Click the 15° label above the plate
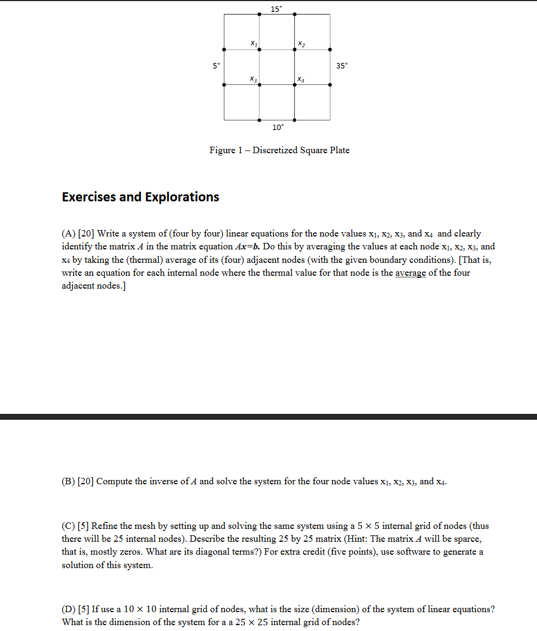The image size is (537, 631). pyautogui.click(x=276, y=9)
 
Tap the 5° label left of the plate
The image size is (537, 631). pyautogui.click(x=216, y=66)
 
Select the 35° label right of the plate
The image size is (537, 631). pyautogui.click(x=342, y=66)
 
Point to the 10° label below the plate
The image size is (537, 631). pyautogui.click(x=278, y=127)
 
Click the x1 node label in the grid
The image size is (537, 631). pyautogui.click(x=253, y=42)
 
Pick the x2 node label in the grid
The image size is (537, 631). pyautogui.click(x=301, y=43)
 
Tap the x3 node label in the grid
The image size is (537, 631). pyautogui.click(x=253, y=79)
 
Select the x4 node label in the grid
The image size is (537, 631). pyautogui.click(x=301, y=80)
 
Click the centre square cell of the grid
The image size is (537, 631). pyautogui.click(x=277, y=67)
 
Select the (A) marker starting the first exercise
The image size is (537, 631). pyautogui.click(x=68, y=234)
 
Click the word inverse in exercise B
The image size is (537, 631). pyautogui.click(x=162, y=482)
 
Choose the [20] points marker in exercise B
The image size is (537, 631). pyautogui.click(x=86, y=482)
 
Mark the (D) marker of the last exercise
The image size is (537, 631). pyautogui.click(x=68, y=610)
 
